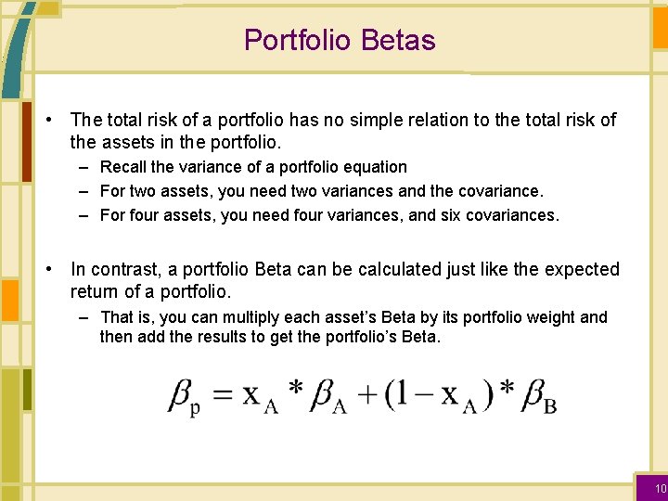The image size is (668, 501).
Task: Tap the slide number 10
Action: (660, 489)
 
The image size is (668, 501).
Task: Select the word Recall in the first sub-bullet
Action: (122, 167)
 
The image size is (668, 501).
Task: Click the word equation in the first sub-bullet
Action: (376, 167)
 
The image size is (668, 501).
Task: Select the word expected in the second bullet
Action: (574, 269)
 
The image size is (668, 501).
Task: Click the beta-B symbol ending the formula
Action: (539, 396)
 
